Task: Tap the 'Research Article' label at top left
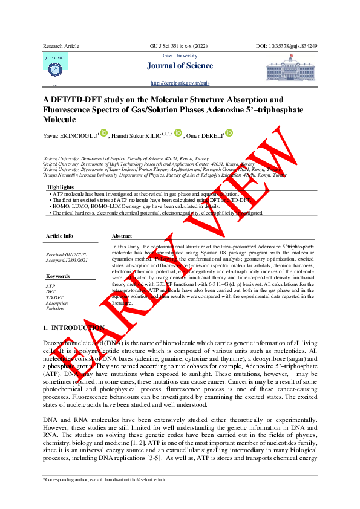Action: pyautogui.click(x=61, y=47)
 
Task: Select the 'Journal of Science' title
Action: pyautogui.click(x=180, y=66)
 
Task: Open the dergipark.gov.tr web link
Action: pyautogui.click(x=180, y=82)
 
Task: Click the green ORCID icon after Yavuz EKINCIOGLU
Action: pyautogui.click(x=103, y=133)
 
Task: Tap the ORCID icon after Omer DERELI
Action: pyautogui.click(x=229, y=133)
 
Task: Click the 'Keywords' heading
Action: pyautogui.click(x=58, y=276)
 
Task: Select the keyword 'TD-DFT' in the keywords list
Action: pyautogui.click(x=55, y=297)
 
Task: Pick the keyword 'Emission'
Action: pyautogui.click(x=56, y=309)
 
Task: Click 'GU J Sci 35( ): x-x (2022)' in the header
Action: pyautogui.click(x=180, y=47)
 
